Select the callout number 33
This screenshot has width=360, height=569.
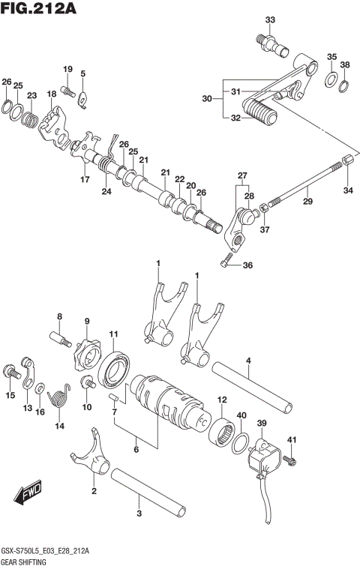[x=270, y=19]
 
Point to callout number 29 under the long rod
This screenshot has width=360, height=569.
[x=307, y=201]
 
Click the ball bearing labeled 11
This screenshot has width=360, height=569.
[x=117, y=367]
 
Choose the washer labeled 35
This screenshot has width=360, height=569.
[x=330, y=79]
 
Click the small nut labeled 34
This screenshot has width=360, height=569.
[x=347, y=162]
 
